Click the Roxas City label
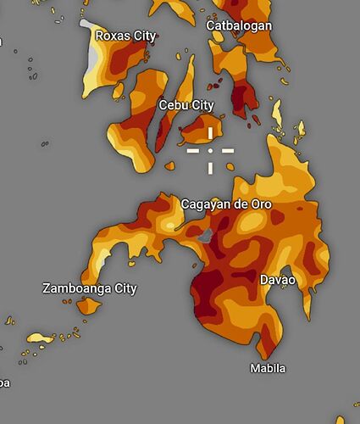(125, 36)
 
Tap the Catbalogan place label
(240, 25)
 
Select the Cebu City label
(186, 105)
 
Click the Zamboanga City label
(89, 288)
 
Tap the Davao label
(278, 279)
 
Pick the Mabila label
(268, 368)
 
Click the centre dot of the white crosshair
(210, 150)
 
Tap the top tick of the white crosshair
(210, 134)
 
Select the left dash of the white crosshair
(193, 150)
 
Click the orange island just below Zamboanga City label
(88, 305)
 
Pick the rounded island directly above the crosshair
(207, 128)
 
